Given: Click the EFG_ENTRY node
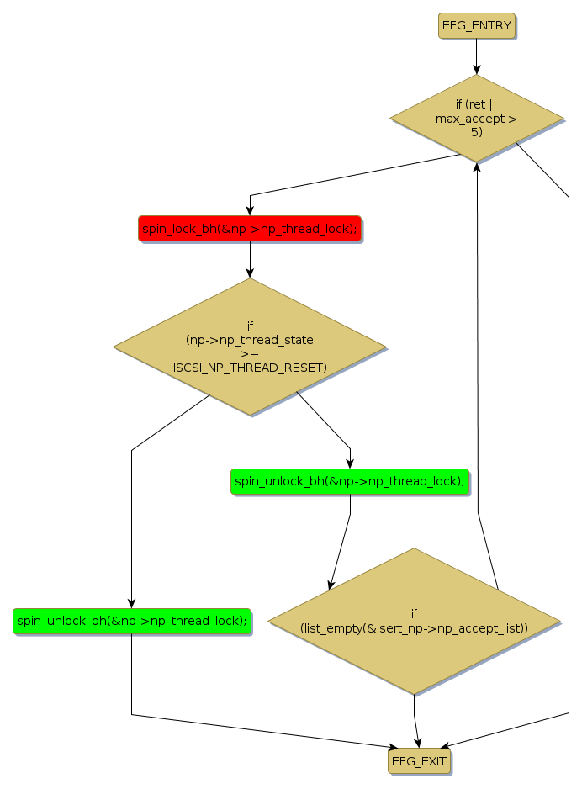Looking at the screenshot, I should [x=476, y=25].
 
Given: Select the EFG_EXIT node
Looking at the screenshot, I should [x=419, y=760].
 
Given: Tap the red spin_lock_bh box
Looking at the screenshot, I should [x=249, y=228].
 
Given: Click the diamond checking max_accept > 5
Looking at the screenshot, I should [x=476, y=119].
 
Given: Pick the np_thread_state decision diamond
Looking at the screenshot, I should [x=249, y=346].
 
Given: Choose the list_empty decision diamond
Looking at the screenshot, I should [x=414, y=621].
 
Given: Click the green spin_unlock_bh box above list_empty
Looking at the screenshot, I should [x=349, y=481].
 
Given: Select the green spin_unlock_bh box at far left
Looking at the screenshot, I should [x=131, y=621].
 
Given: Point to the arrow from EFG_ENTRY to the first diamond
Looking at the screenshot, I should [x=476, y=56].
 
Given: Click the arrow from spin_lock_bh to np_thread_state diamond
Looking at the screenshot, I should [x=249, y=259].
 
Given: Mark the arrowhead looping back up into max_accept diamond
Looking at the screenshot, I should [x=477, y=167].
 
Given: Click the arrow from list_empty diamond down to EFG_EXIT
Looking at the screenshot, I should [x=415, y=719].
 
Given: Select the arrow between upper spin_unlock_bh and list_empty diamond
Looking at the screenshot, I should [x=341, y=543].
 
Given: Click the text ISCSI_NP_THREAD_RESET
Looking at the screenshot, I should [x=250, y=368].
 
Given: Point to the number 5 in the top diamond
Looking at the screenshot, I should [x=476, y=132].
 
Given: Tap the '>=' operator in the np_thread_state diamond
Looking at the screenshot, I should [x=250, y=354].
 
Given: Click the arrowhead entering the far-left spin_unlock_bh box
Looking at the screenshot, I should [x=131, y=603].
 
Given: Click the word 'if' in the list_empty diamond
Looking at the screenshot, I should [x=414, y=613].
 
